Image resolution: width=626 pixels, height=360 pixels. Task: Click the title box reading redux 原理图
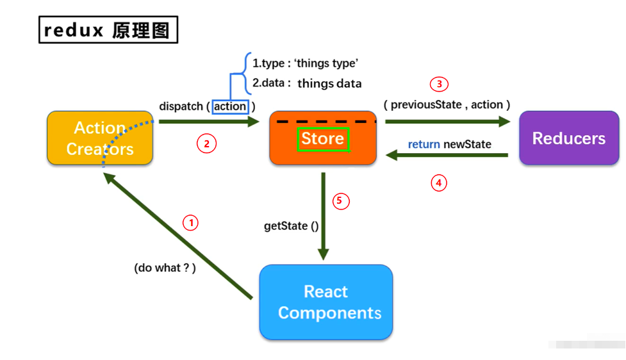[x=108, y=30]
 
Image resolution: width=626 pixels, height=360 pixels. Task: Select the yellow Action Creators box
[x=100, y=138]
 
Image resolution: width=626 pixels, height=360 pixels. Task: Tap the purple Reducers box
[x=569, y=138]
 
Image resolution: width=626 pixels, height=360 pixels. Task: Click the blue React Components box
[x=326, y=302]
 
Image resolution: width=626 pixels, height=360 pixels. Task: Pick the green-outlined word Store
[x=323, y=138]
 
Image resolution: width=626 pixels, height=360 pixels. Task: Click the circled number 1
[x=190, y=223]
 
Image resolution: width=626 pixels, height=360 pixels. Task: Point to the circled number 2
[x=206, y=144]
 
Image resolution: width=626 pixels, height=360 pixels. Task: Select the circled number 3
[x=439, y=84]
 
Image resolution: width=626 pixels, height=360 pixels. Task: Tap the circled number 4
[x=438, y=183]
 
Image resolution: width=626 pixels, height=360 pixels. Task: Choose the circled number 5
[x=341, y=201]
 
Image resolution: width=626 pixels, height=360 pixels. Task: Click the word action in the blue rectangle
[x=230, y=106]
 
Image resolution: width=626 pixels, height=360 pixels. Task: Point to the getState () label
[x=291, y=226]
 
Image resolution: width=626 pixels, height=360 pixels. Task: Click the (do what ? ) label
[x=165, y=268]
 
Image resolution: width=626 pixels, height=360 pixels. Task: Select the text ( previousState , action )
[x=447, y=104]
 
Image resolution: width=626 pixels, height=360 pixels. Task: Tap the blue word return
[x=424, y=144]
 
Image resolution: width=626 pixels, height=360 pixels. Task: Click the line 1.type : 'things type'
[x=305, y=63]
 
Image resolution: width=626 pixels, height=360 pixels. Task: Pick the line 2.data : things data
[x=307, y=83]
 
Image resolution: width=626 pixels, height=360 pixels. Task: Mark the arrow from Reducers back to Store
[x=449, y=155]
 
